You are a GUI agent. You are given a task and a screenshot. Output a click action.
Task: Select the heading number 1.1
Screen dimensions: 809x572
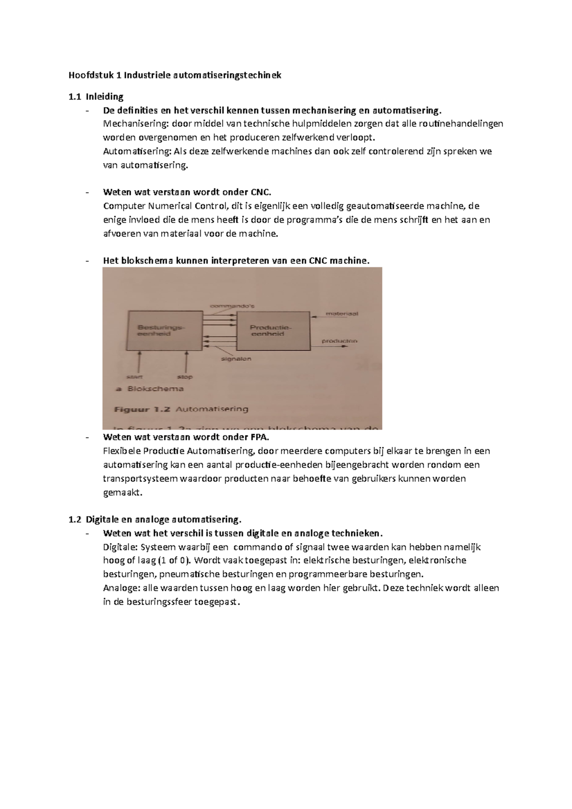(x=75, y=97)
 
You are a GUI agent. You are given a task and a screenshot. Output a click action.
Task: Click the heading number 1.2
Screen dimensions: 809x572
(x=75, y=519)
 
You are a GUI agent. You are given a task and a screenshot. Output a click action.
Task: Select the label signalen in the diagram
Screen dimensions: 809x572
(x=236, y=359)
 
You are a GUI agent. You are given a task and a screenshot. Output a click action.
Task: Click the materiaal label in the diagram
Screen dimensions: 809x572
(x=342, y=314)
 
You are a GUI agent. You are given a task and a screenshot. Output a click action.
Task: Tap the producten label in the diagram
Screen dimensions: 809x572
(x=339, y=341)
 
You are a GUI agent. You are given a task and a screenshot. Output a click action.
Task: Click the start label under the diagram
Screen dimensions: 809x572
(x=134, y=377)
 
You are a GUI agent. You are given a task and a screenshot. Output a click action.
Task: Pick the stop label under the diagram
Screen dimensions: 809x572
(x=184, y=377)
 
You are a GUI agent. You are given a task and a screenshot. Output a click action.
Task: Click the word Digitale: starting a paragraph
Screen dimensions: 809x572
(x=120, y=547)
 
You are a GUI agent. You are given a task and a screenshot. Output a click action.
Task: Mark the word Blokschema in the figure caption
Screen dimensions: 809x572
(x=155, y=389)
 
